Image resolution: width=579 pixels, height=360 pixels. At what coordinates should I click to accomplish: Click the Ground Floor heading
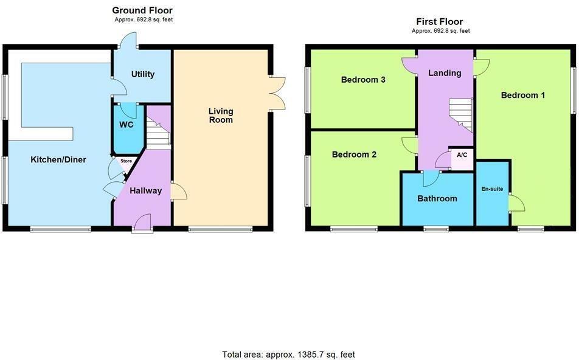click(x=142, y=10)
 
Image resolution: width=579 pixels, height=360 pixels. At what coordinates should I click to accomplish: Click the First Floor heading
click(x=440, y=21)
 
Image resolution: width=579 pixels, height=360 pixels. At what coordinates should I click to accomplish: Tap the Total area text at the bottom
click(x=289, y=354)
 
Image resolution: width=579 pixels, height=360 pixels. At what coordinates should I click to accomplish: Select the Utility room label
click(x=143, y=74)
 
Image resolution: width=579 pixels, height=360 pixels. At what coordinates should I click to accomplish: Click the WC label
click(x=127, y=125)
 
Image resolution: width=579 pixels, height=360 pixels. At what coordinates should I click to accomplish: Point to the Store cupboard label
click(x=126, y=161)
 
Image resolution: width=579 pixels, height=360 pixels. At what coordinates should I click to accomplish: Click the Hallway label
click(x=145, y=190)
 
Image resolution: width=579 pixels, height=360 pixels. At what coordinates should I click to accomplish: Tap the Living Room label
click(x=221, y=116)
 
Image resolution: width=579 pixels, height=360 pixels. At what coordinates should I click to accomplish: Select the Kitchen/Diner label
click(x=58, y=159)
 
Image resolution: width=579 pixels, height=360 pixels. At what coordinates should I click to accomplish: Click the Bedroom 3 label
click(x=363, y=80)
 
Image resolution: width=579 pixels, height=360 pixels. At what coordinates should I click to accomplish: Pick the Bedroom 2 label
click(x=354, y=154)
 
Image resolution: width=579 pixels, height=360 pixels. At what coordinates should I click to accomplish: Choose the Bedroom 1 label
click(x=522, y=95)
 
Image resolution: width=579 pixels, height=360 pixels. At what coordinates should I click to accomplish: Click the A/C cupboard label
click(x=462, y=155)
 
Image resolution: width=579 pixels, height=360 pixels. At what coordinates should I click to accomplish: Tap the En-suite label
click(x=492, y=189)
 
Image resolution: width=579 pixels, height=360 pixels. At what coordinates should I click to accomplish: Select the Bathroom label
click(x=437, y=198)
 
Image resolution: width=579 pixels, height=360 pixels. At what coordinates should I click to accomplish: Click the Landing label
click(x=445, y=73)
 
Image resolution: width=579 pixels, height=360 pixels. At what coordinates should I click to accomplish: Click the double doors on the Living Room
click(x=277, y=93)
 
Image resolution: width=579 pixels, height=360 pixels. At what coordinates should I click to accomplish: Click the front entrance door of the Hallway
click(x=143, y=223)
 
